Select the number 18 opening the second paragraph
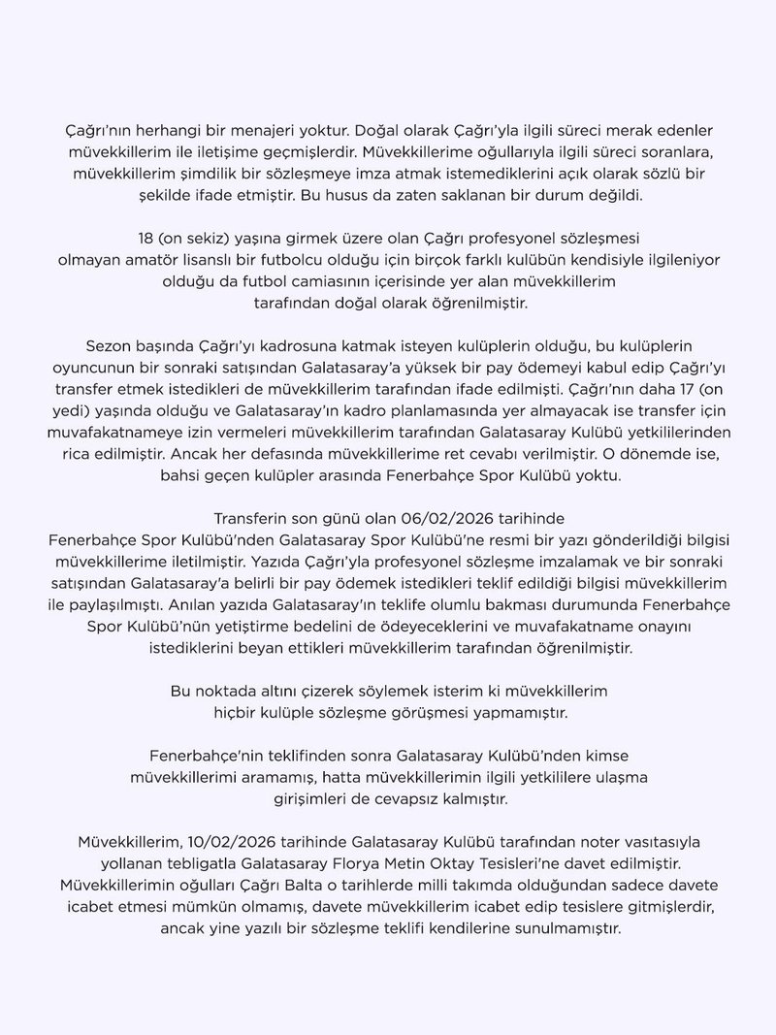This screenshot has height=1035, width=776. coord(150,238)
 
